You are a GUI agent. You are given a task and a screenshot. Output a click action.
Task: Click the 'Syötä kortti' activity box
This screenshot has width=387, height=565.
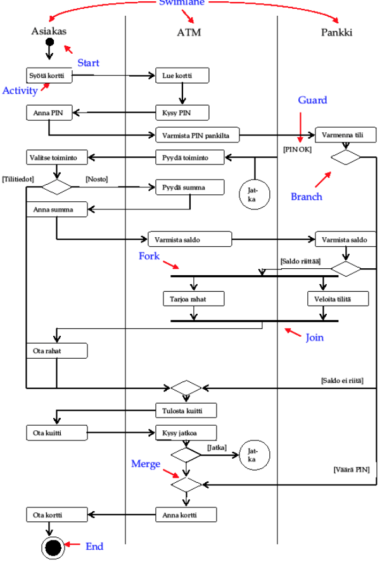(x=49, y=76)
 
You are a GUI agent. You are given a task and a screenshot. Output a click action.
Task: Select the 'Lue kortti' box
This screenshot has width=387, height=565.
(x=182, y=76)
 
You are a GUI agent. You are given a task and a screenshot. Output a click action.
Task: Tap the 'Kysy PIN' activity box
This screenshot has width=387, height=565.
(x=182, y=113)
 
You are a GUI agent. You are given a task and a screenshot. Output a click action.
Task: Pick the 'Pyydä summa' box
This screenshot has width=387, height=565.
(x=189, y=187)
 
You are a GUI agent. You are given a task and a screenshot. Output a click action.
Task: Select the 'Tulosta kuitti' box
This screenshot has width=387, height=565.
(x=186, y=411)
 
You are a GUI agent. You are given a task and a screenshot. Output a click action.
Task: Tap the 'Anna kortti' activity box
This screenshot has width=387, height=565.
(x=186, y=514)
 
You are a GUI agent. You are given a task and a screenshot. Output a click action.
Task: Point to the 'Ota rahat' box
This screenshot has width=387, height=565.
(x=56, y=350)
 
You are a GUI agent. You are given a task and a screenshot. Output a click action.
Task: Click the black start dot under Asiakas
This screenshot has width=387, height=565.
(x=49, y=43)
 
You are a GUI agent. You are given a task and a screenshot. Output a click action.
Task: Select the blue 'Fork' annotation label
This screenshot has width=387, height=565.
(x=149, y=256)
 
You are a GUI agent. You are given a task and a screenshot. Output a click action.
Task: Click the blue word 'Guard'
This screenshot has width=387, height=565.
(x=312, y=100)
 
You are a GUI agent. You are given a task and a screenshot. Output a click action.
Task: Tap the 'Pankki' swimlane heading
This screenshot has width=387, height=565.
(x=336, y=32)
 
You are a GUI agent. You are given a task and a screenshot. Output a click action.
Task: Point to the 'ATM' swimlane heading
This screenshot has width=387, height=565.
(x=189, y=32)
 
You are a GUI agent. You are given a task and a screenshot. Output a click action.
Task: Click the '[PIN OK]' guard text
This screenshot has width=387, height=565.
(x=297, y=149)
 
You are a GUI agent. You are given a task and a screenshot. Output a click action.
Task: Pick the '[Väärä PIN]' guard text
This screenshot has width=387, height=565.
(x=351, y=469)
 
